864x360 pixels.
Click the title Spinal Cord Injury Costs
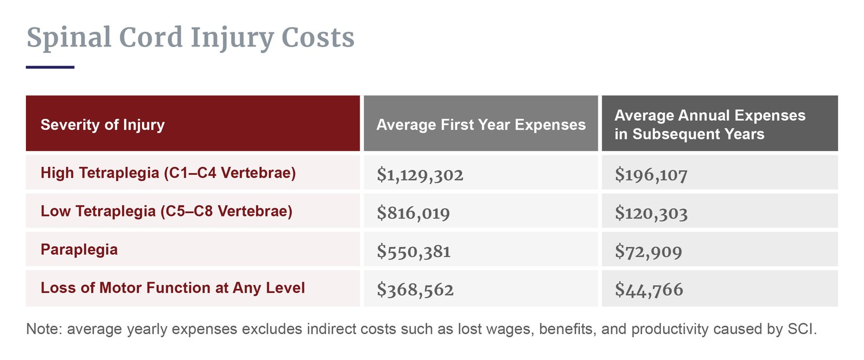click(x=190, y=38)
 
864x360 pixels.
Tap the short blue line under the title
click(x=50, y=67)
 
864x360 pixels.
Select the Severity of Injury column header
click(x=103, y=125)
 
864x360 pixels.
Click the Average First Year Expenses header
click(x=481, y=125)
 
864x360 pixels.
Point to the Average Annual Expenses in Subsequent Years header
click(x=710, y=125)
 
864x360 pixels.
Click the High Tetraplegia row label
click(x=168, y=173)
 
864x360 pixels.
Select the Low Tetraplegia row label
click(x=166, y=211)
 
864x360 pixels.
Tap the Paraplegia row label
click(x=79, y=249)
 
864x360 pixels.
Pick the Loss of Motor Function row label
click(x=173, y=288)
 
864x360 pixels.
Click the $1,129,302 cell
click(x=420, y=174)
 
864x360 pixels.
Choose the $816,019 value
click(x=413, y=213)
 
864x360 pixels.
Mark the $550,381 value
click(x=414, y=251)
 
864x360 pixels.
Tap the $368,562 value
click(x=415, y=289)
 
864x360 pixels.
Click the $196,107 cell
click(x=651, y=174)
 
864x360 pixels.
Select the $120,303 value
click(x=651, y=213)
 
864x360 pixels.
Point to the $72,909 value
click(x=648, y=251)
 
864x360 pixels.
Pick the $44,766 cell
click(x=649, y=289)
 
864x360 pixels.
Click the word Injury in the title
click(x=232, y=38)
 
